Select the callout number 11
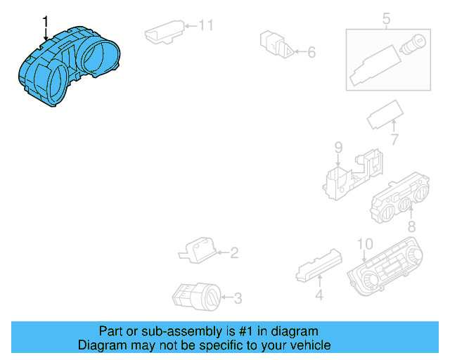click(205, 26)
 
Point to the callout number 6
click(311, 52)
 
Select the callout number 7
click(394, 140)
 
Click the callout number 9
click(338, 148)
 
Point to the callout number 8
click(411, 226)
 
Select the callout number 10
click(364, 245)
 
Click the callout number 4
click(319, 296)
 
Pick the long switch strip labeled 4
click(319, 265)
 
